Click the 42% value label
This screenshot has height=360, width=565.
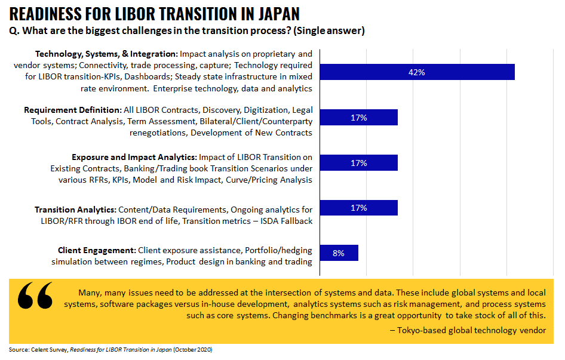(416, 72)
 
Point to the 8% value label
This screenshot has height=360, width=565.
(339, 253)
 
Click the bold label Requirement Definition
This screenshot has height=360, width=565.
(72, 110)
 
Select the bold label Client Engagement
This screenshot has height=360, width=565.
(97, 250)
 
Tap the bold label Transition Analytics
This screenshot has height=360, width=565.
(75, 210)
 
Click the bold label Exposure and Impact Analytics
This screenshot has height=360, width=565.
(134, 157)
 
